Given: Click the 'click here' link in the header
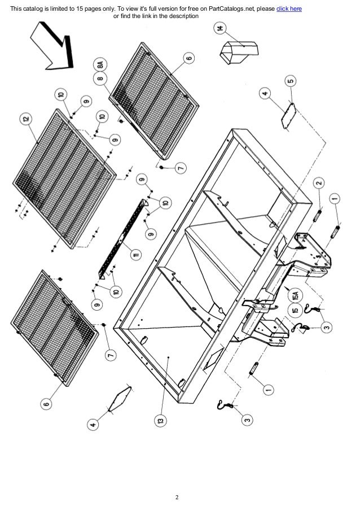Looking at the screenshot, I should [288, 8].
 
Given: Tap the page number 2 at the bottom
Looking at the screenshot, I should [177, 498].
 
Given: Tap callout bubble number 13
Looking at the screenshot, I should [161, 421].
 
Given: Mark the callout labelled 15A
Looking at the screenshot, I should [295, 294].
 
